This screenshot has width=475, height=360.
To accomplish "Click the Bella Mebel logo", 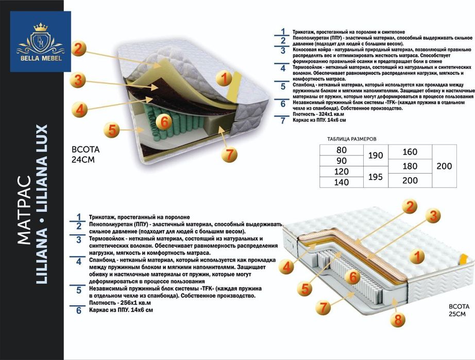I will pyautogui.click(x=40, y=41).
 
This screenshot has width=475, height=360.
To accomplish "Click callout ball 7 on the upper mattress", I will pyautogui.click(x=230, y=153).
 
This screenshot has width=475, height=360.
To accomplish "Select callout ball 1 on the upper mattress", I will pyautogui.click(x=224, y=78).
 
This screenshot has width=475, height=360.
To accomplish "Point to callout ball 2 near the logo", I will pyautogui.click(x=77, y=48).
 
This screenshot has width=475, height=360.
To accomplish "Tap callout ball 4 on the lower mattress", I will pyautogui.click(x=287, y=267).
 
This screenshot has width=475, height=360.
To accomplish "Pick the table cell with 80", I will pyautogui.click(x=342, y=150).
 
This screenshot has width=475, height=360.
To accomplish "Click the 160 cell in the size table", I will pyautogui.click(x=410, y=152).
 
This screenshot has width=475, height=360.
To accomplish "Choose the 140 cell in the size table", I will pyautogui.click(x=342, y=182).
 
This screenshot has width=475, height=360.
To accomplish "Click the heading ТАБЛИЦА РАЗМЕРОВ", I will pyautogui.click(x=352, y=139).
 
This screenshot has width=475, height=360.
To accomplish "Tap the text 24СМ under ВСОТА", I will pyautogui.click(x=85, y=159).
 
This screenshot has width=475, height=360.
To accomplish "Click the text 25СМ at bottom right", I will pyautogui.click(x=456, y=314).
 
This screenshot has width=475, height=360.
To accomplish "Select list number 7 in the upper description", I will pyautogui.click(x=282, y=121).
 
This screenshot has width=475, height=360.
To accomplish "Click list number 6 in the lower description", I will pyautogui.click(x=79, y=311).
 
